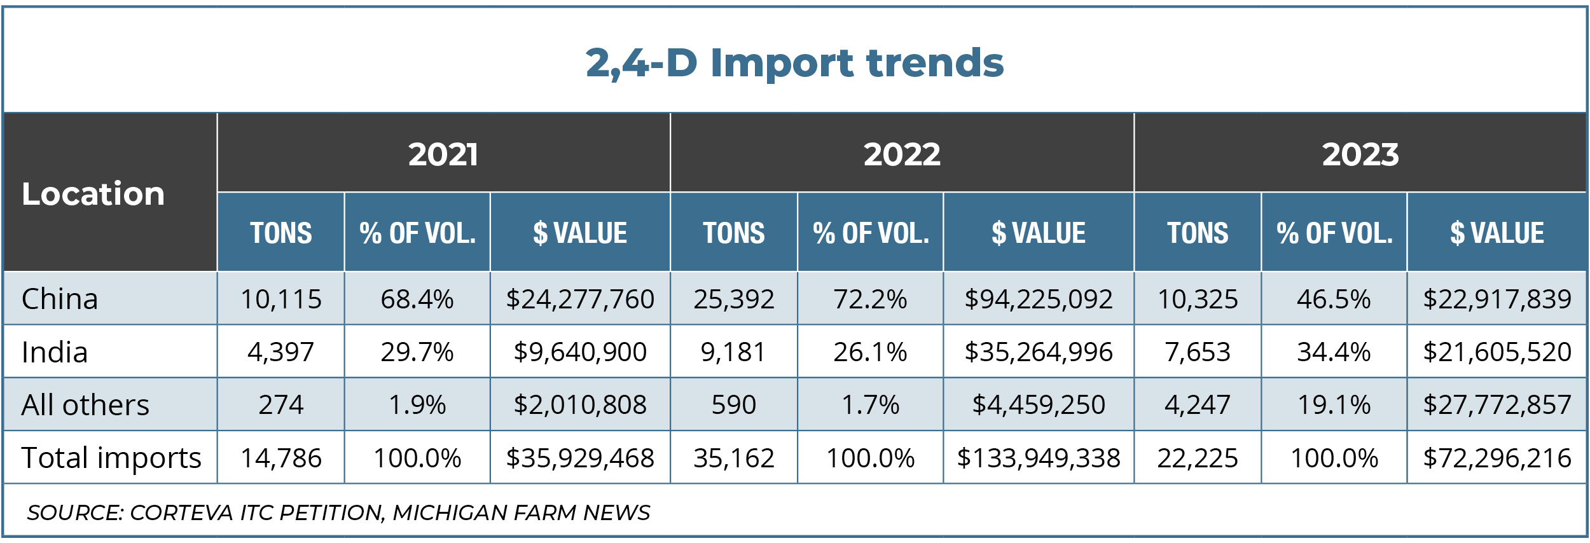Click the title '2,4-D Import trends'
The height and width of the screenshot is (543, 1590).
794,62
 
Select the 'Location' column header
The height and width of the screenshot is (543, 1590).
93,193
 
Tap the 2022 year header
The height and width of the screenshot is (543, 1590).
901,155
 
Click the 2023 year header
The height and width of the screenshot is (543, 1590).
1360,155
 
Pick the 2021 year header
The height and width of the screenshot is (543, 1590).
443,155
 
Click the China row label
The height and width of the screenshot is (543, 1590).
60,299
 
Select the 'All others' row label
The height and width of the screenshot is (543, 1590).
85,405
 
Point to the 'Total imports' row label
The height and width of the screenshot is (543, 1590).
111,458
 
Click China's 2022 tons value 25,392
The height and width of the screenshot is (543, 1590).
733,299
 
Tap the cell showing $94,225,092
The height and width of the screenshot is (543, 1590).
1038,299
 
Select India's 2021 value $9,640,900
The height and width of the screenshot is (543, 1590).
579,352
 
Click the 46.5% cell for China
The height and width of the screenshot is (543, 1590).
1333,299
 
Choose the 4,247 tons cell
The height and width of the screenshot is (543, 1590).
1197,405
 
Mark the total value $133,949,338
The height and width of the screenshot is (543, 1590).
1038,458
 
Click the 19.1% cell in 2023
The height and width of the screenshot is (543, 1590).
1333,405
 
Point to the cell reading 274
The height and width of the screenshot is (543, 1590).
280,405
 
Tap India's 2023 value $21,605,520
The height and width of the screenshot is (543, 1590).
1497,352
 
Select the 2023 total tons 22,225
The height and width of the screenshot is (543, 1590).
1197,458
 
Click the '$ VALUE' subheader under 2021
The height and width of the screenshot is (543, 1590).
579,233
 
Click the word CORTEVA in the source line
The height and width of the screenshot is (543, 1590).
181,512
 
